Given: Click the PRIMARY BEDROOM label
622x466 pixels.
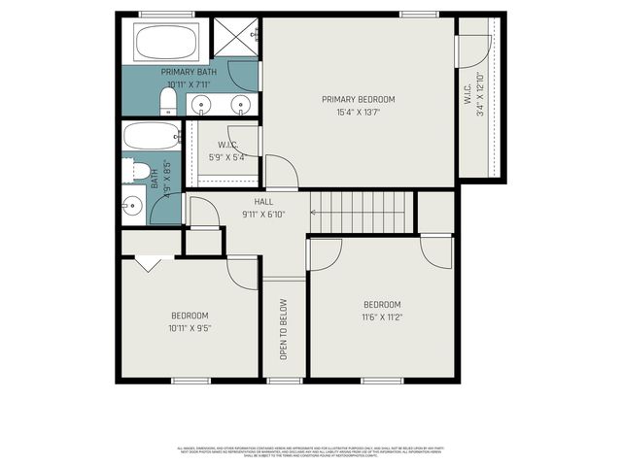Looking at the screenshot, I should (359, 99).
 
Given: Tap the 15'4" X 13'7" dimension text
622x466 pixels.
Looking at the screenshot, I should (359, 111).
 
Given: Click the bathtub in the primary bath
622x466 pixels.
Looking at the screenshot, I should (167, 43).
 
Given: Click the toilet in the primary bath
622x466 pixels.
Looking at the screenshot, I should (166, 103).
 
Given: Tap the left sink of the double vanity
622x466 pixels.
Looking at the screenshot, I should (202, 104).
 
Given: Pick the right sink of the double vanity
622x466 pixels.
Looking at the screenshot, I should (241, 104).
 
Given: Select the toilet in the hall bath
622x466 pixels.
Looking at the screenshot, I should (140, 173).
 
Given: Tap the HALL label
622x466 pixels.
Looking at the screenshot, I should (263, 202).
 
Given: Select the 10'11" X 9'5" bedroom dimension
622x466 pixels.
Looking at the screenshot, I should (190, 328).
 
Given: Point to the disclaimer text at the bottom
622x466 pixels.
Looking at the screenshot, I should (311, 451).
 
